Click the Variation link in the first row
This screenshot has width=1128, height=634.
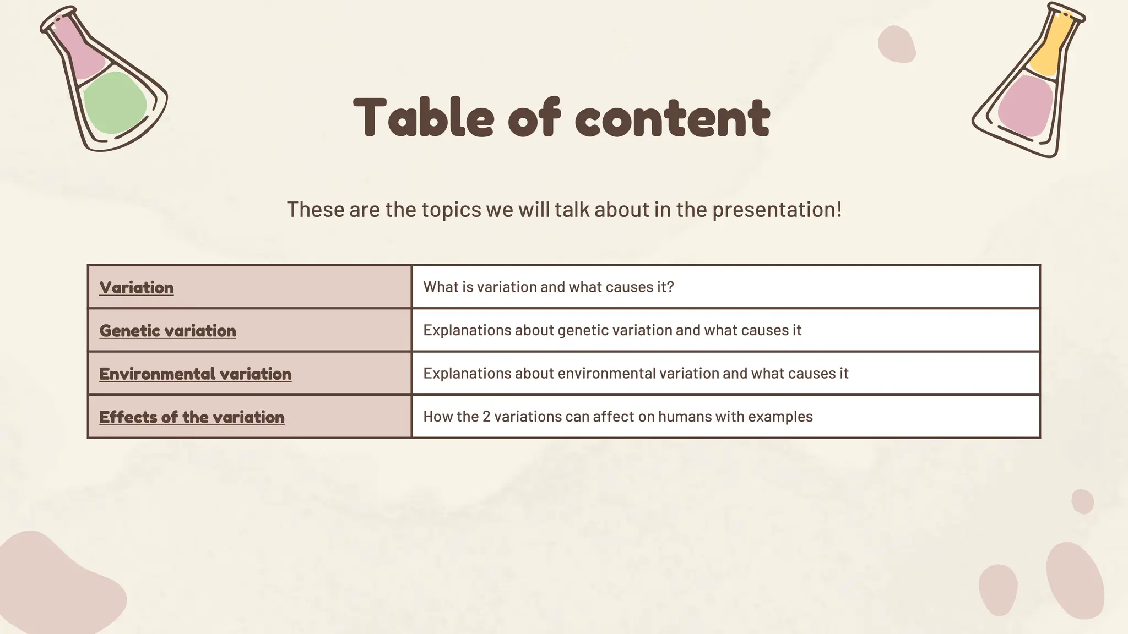coord(137,287)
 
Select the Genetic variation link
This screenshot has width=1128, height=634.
coord(167,330)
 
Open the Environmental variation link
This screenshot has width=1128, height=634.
coord(195,374)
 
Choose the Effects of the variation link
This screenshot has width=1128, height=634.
coord(192,417)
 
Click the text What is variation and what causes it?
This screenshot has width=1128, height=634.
coord(548,287)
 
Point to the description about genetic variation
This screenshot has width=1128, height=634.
coord(612,330)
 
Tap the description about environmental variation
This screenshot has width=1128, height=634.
coord(636,373)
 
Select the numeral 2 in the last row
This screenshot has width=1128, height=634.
coord(486,417)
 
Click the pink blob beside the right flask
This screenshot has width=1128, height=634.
coord(897,44)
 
